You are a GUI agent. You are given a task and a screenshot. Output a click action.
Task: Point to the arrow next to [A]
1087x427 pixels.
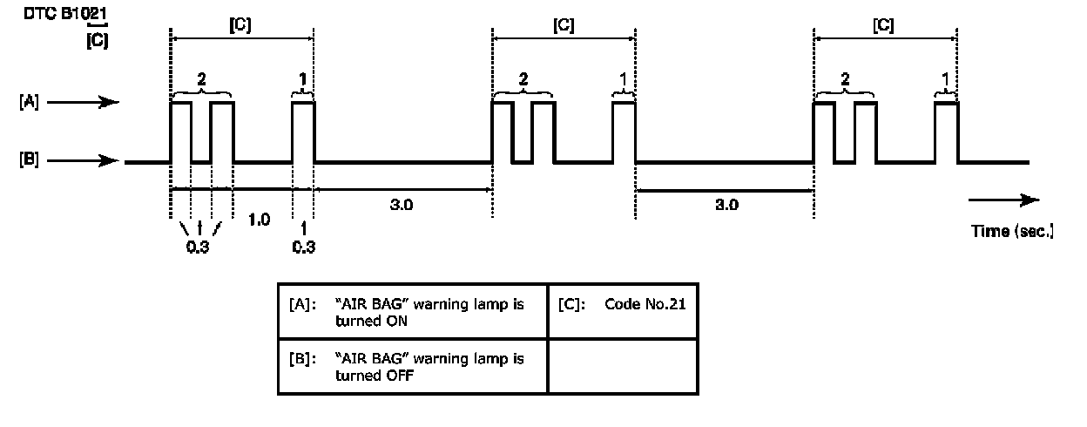click(x=83, y=103)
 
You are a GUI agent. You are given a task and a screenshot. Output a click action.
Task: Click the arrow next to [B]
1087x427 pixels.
click(x=83, y=161)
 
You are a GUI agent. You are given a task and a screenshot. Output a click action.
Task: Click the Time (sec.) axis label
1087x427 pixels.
click(x=1012, y=232)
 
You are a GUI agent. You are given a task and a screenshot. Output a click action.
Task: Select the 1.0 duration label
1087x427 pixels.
click(x=260, y=219)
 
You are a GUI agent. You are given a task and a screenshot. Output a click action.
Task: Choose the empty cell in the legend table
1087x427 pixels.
click(x=622, y=366)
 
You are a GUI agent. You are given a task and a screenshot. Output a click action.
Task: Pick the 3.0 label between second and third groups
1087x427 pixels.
click(x=726, y=207)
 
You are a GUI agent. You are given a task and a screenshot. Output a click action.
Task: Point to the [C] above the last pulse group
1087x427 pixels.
click(x=883, y=26)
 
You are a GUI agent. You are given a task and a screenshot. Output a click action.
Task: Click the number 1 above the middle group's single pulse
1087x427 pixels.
click(x=624, y=80)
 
